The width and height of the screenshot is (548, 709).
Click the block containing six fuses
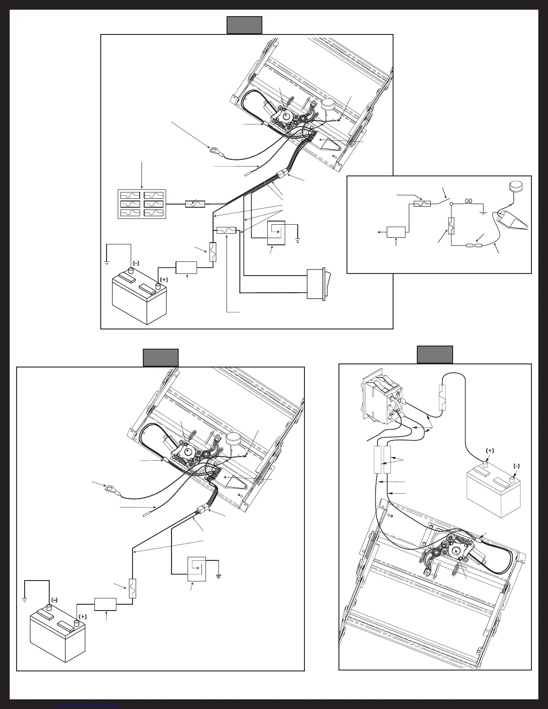pyautogui.click(x=142, y=204)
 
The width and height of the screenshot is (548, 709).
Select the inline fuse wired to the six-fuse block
pyautogui.click(x=195, y=204)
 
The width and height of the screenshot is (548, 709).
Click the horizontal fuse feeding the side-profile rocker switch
pyautogui.click(x=226, y=231)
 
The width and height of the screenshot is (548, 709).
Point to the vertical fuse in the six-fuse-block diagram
pyautogui.click(x=214, y=252)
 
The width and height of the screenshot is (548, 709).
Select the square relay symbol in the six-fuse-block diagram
pyautogui.click(x=276, y=233)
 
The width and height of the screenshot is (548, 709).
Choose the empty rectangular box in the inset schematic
pyautogui.click(x=396, y=232)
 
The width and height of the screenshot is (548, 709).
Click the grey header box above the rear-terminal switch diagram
pyautogui.click(x=435, y=354)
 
